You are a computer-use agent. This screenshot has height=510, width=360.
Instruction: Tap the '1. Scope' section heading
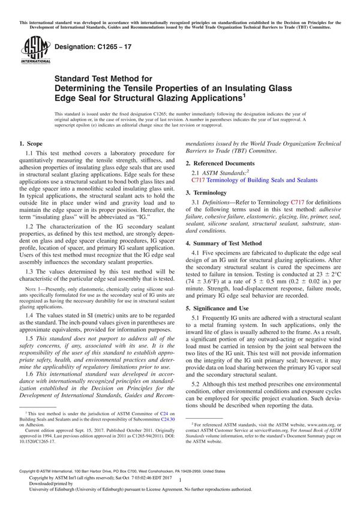[x=31, y=143]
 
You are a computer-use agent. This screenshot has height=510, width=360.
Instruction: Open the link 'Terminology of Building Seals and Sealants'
[x=262, y=179]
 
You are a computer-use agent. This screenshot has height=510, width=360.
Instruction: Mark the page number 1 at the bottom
[x=179, y=489]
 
